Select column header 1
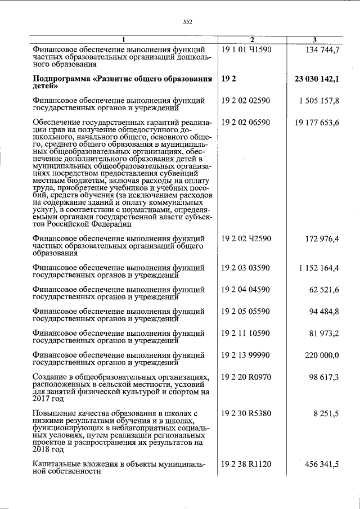124,39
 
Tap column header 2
252,39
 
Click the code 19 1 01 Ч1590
247,49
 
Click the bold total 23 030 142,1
317,79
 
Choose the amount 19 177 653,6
317,122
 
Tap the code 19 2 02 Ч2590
247,239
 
